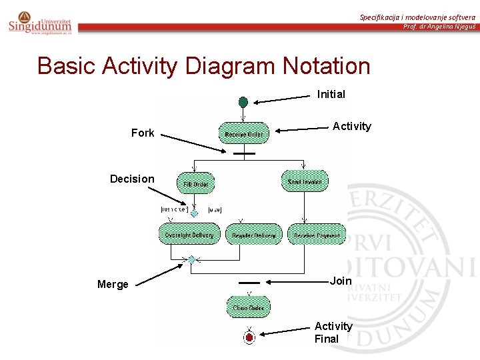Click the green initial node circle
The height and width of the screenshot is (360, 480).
(x=243, y=102)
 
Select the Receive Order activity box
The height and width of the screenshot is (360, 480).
(x=244, y=133)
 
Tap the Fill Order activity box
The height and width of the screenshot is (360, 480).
(x=195, y=183)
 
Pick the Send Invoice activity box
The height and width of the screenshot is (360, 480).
(x=305, y=181)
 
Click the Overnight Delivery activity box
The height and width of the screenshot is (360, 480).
(x=189, y=235)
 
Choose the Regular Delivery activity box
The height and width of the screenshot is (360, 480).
(x=254, y=235)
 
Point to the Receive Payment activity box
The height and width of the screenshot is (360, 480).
(x=316, y=235)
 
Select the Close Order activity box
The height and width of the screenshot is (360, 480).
(x=249, y=307)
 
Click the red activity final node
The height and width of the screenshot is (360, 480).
(x=249, y=338)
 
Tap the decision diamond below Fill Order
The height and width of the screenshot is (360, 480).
(x=194, y=213)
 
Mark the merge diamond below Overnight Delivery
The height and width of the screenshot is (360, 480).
(x=191, y=259)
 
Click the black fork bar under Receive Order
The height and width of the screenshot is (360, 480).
(x=245, y=153)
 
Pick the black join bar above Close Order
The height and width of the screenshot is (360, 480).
(x=249, y=283)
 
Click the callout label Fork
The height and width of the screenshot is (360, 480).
(x=143, y=133)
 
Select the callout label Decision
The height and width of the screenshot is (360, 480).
(x=132, y=179)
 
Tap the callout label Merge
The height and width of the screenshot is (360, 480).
(x=113, y=285)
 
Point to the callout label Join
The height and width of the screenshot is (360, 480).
(x=341, y=281)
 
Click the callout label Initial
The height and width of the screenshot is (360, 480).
(x=331, y=94)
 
